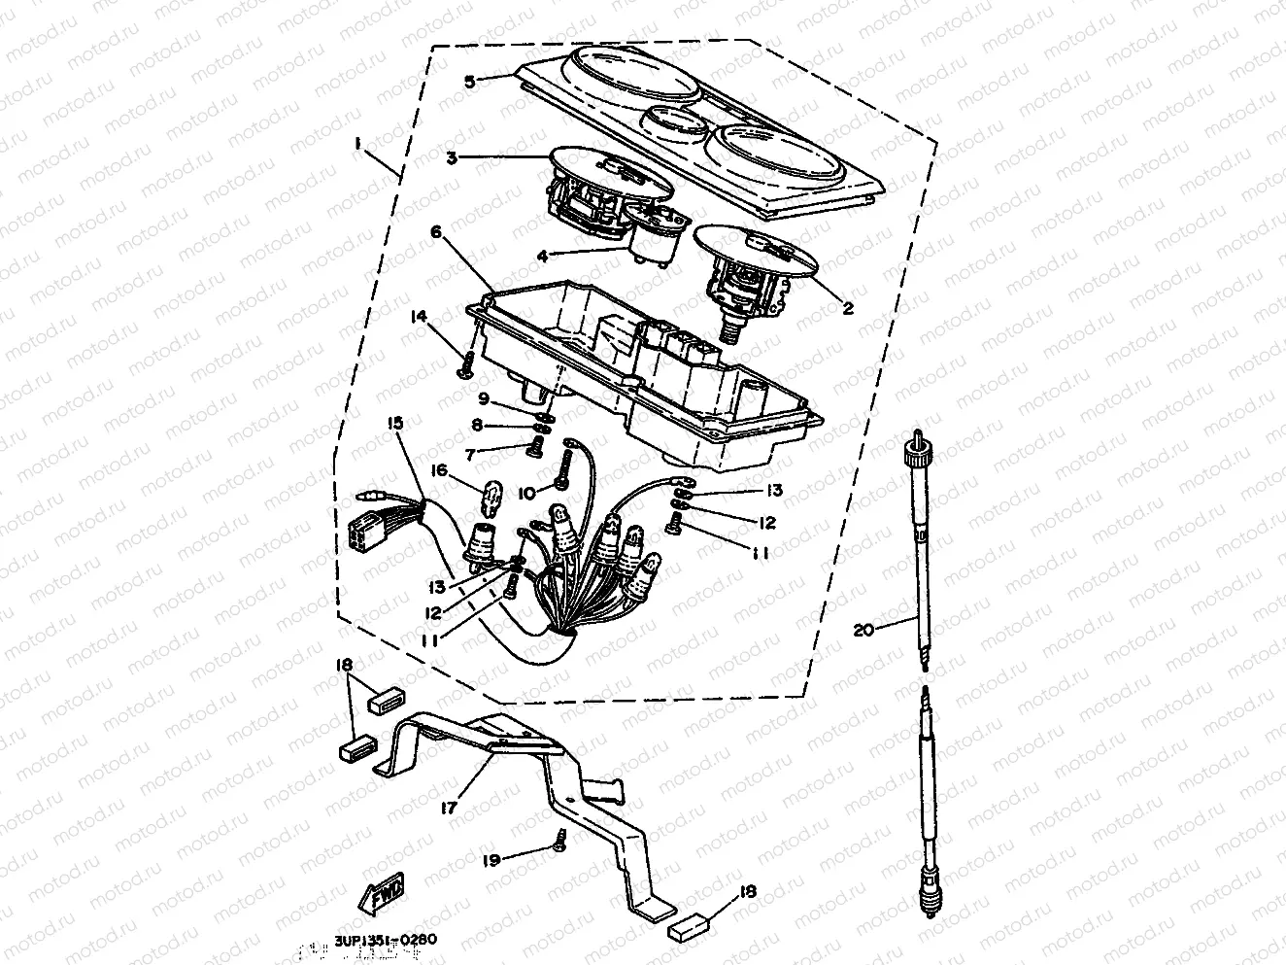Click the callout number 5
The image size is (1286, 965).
469,82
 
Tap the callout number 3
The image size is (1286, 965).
453,156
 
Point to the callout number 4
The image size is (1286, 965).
542,257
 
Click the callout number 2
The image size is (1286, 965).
847,308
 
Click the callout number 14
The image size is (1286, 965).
418,316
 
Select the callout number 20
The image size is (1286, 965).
863,630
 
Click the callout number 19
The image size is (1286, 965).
492,860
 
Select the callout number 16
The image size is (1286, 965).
439,470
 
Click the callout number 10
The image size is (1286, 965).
526,494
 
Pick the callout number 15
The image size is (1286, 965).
395,423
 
